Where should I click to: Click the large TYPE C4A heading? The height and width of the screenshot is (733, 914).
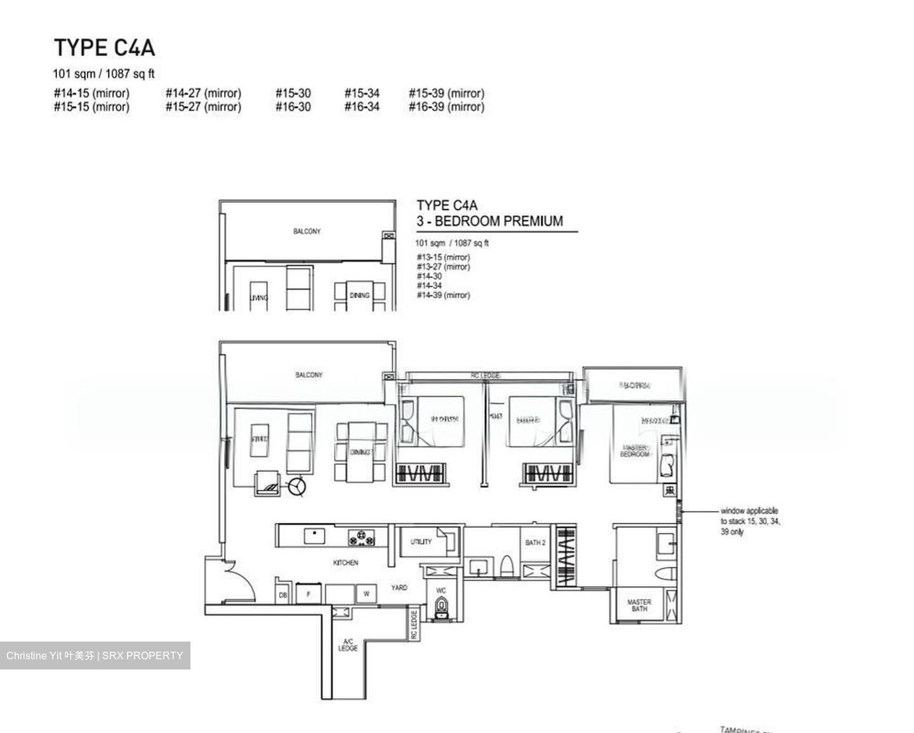click(x=104, y=48)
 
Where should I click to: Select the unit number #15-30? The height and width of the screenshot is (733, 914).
click(x=293, y=93)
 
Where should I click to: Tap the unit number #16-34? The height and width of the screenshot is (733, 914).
click(x=362, y=107)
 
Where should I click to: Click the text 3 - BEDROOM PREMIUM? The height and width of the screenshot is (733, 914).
click(x=489, y=221)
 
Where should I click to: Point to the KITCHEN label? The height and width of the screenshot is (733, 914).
click(x=345, y=563)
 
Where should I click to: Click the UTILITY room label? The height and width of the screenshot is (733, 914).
click(x=420, y=542)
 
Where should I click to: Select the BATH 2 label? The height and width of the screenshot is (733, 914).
click(x=535, y=542)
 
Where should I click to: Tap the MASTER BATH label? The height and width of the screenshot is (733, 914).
click(x=639, y=605)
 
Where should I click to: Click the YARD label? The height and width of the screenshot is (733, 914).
click(x=399, y=588)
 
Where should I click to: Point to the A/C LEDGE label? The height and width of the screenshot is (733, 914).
click(x=348, y=645)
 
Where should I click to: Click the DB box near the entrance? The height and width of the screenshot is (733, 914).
click(x=283, y=595)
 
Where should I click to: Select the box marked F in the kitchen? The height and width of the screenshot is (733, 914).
click(x=309, y=595)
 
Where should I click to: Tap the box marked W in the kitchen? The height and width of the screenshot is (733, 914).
click(x=366, y=595)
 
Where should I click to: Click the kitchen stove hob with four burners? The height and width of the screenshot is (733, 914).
click(x=361, y=537)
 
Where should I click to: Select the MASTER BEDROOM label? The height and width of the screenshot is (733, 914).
click(x=635, y=451)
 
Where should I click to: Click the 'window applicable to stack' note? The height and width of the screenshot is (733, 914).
click(x=750, y=521)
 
